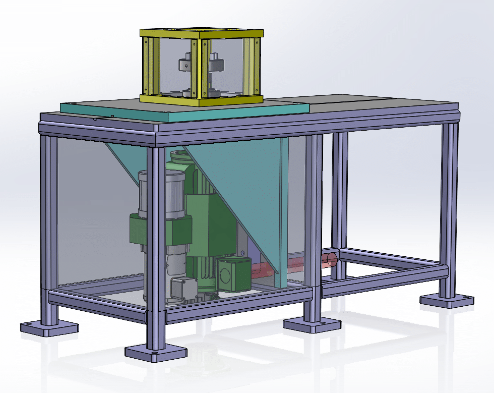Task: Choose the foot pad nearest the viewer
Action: tap(152, 353)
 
